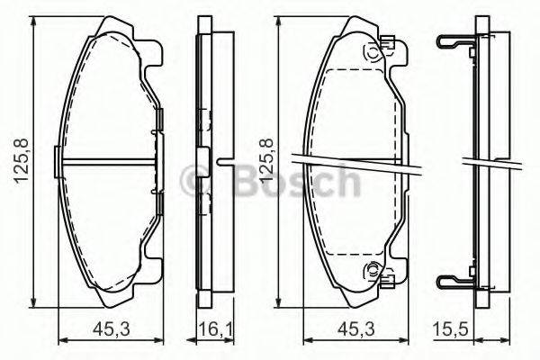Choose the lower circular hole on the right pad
[370, 270]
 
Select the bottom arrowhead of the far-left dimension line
[35, 303]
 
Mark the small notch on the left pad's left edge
[58, 163]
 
